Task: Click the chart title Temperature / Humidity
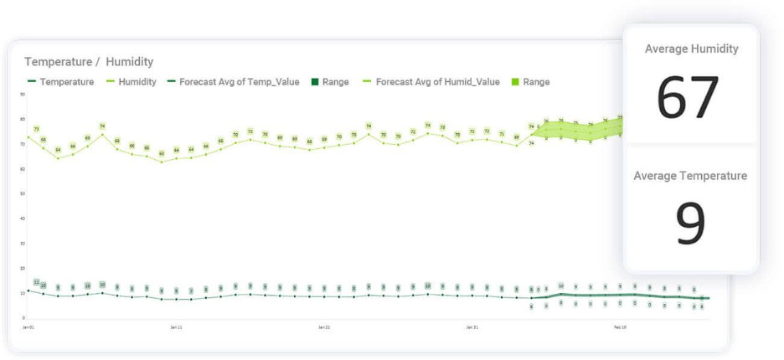click(x=89, y=62)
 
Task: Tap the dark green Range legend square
click(x=316, y=82)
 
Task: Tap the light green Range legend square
click(x=515, y=82)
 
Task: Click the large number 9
click(x=690, y=224)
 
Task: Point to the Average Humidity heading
click(x=691, y=49)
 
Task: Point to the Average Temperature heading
click(x=690, y=176)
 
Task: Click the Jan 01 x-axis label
click(x=28, y=327)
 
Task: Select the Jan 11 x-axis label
click(x=176, y=327)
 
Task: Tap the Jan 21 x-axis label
click(x=324, y=327)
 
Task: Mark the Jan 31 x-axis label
click(x=472, y=327)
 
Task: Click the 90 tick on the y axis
click(x=22, y=95)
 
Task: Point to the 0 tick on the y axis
click(x=23, y=318)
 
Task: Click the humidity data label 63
click(x=162, y=154)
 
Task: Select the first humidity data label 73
click(x=36, y=130)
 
